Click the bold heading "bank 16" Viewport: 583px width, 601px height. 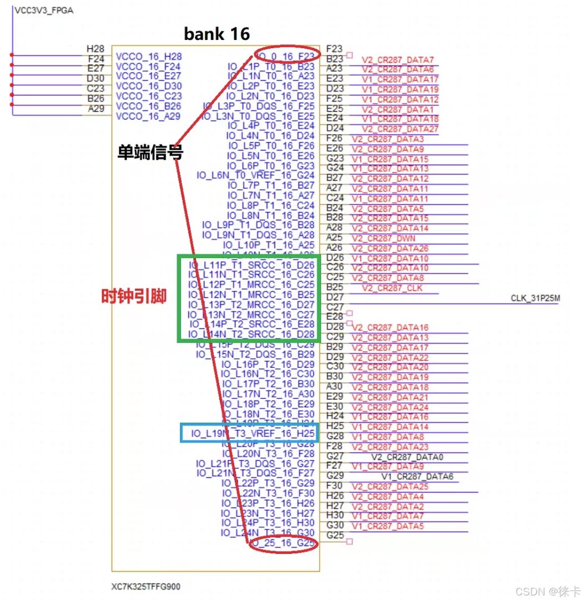[x=217, y=34]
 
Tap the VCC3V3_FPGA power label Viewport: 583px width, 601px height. [x=44, y=11]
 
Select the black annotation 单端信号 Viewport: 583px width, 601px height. [x=149, y=152]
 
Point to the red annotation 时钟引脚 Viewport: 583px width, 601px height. [x=133, y=297]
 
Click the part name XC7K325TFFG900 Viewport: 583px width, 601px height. [x=146, y=587]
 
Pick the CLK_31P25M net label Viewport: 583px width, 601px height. [x=535, y=299]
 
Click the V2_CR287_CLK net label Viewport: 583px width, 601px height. [x=392, y=288]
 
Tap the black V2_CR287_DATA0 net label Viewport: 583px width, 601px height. [x=407, y=458]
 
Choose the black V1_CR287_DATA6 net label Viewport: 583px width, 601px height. [x=417, y=477]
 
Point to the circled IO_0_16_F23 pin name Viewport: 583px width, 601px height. [x=286, y=56]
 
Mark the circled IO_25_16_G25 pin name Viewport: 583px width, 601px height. [x=283, y=544]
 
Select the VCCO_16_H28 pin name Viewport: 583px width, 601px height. [x=148, y=56]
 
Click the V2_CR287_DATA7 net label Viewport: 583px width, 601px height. [x=398, y=60]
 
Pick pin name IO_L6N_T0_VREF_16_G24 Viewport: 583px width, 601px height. [x=255, y=176]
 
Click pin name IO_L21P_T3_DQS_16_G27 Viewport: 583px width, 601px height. [x=255, y=464]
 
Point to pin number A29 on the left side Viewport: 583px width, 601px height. [x=96, y=109]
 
